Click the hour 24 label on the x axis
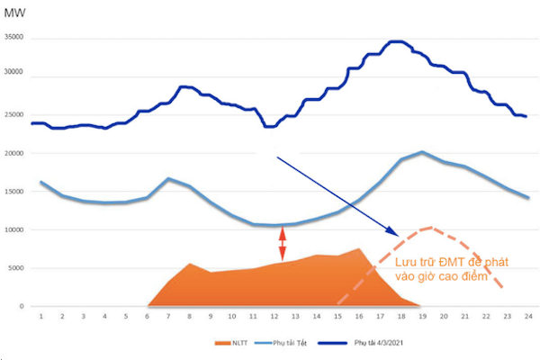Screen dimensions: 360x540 (527, 317)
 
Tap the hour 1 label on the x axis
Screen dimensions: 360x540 (41, 317)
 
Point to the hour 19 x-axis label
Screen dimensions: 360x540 (421, 317)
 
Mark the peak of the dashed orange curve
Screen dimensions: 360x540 (432, 228)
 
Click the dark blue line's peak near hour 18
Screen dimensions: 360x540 (396, 41)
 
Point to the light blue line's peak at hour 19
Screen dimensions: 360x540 (421, 152)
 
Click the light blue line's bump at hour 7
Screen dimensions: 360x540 (168, 178)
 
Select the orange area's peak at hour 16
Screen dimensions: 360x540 (358, 248)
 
